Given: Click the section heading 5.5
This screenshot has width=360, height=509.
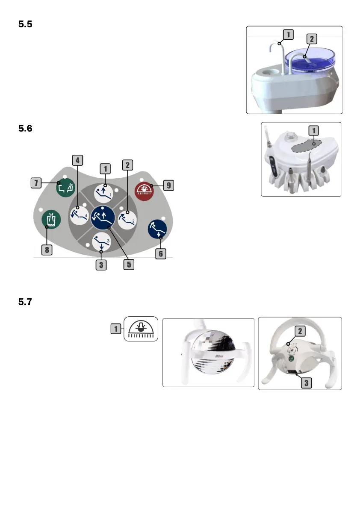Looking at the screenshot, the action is (x=26, y=25).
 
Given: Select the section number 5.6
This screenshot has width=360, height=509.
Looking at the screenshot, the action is (x=26, y=128).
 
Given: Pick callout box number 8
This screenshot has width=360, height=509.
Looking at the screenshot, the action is (x=46, y=250).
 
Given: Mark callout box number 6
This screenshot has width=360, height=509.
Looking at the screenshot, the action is (x=161, y=254).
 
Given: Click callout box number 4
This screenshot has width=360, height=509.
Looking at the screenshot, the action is (x=77, y=160).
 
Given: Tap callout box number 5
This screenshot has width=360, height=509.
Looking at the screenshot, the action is (x=129, y=265).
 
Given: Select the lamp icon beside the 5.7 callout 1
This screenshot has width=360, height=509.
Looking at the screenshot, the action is (x=141, y=329).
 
